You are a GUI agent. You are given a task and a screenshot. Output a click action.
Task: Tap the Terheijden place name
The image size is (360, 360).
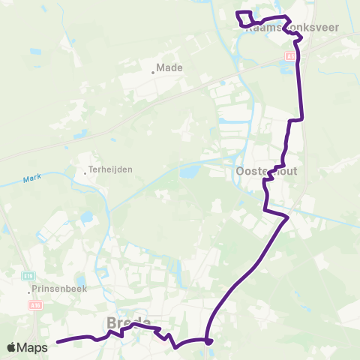[110, 169]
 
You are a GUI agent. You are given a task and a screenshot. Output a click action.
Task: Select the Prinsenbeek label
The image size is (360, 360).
[58, 288]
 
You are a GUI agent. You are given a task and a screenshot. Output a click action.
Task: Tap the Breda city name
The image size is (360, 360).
[130, 321]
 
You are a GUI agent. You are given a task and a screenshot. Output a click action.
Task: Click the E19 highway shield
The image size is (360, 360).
[28, 275]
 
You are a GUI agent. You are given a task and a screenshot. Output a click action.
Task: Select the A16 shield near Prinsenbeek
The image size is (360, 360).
[34, 305]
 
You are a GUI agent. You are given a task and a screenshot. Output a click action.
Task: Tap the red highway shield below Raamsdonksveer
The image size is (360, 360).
[290, 55]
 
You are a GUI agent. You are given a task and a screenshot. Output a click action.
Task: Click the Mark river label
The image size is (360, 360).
[30, 178]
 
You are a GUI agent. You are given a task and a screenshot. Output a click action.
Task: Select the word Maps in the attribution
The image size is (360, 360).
[34, 347]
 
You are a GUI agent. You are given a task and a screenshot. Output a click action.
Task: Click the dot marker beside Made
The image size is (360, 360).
[152, 72]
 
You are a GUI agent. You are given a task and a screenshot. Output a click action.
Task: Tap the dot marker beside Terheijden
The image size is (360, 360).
[85, 173]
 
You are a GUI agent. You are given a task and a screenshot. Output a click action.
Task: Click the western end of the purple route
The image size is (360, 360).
[58, 342]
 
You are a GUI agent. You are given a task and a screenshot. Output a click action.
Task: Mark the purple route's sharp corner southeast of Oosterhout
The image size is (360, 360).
[287, 218]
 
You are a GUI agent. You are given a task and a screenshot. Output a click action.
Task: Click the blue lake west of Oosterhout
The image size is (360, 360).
[189, 173]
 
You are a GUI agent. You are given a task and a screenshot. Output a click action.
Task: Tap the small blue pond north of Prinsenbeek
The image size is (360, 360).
[86, 218]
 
